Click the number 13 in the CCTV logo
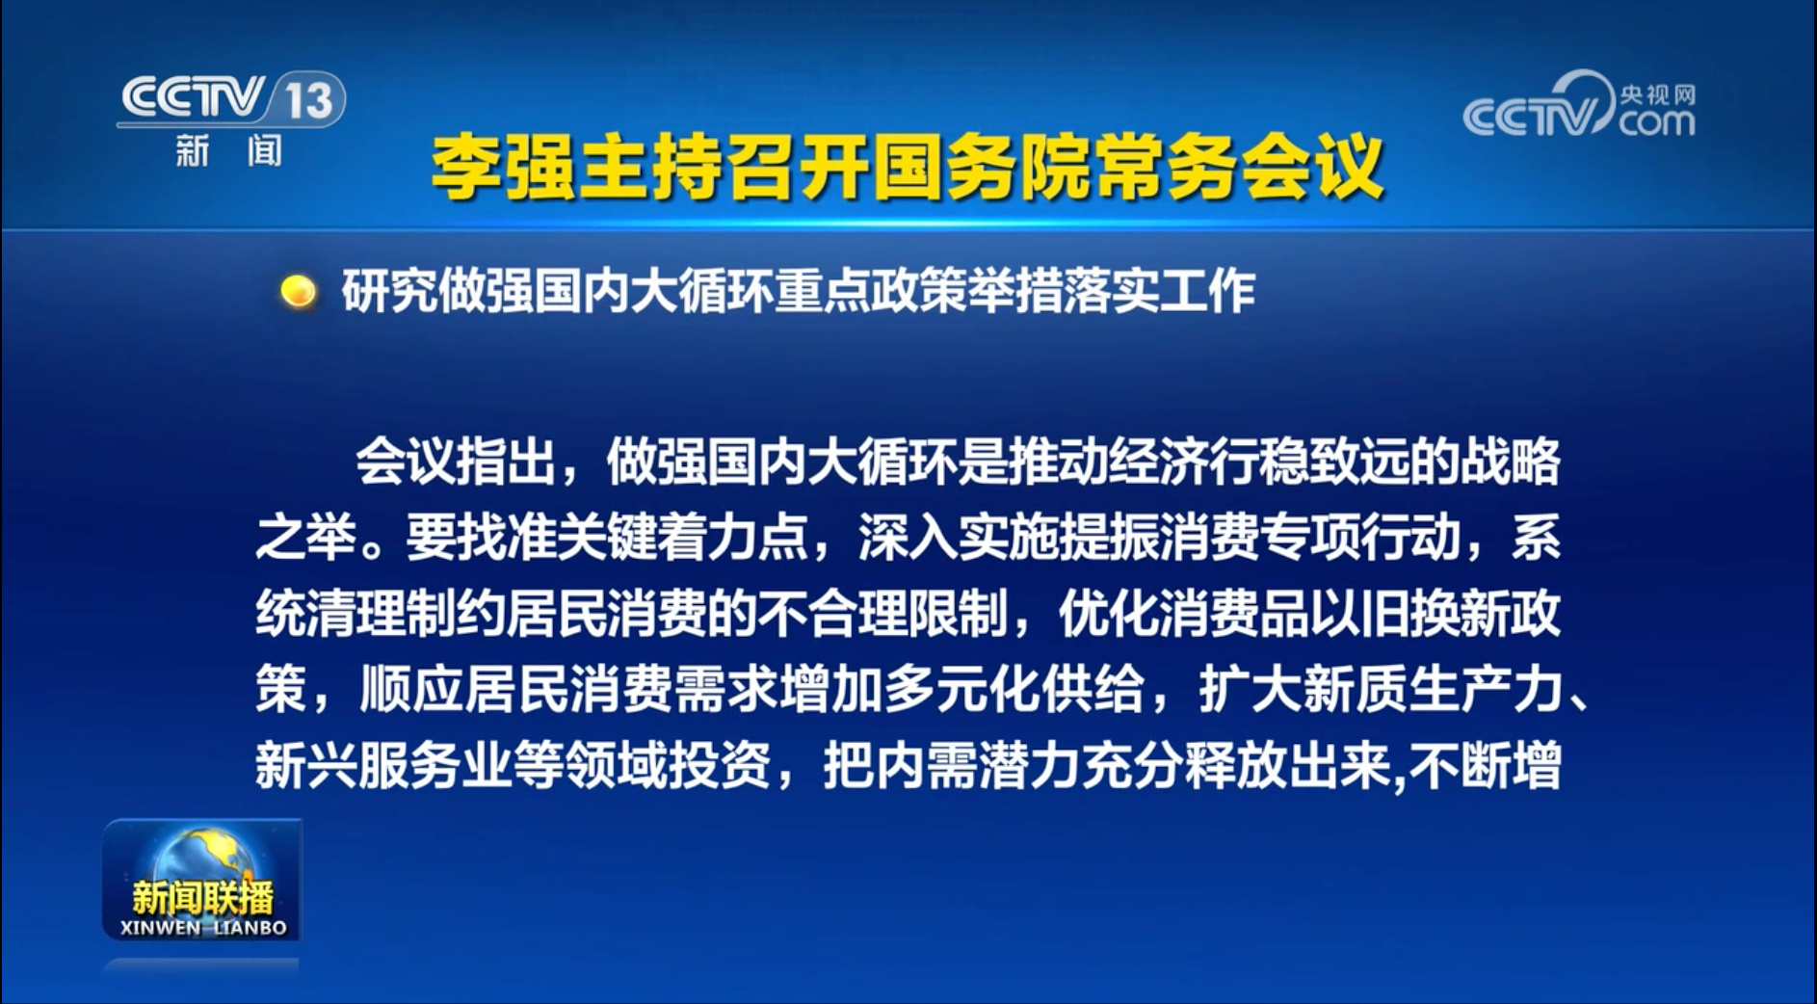pos(309,100)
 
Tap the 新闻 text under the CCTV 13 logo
pos(229,151)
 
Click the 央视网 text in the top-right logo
pos(1657,94)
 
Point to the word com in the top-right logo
pos(1656,122)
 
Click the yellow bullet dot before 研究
pos(298,291)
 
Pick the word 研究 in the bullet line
pos(389,291)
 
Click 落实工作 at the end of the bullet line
pos(1159,291)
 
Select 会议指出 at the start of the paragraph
pos(455,462)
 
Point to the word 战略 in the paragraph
pos(1510,462)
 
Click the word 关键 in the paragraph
pos(606,538)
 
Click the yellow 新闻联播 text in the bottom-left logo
pos(202,898)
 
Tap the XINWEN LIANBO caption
pos(203,928)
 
